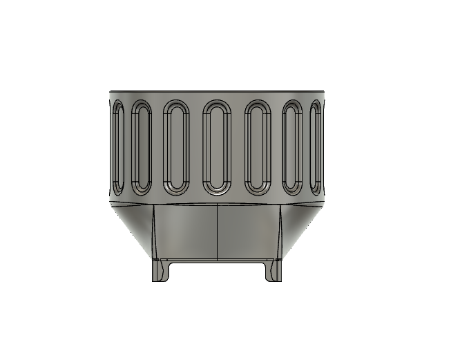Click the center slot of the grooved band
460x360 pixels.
[x=217, y=146]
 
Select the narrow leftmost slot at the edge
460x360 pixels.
[x=117, y=146]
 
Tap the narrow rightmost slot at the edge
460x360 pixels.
[x=317, y=146]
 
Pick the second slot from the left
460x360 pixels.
[x=141, y=146]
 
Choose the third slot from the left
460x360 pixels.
[x=177, y=146]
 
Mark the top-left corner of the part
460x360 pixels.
[x=111, y=91]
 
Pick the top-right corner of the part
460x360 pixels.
[x=324, y=91]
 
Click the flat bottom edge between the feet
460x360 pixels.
[x=218, y=261]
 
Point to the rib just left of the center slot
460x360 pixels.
[x=197, y=146]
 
